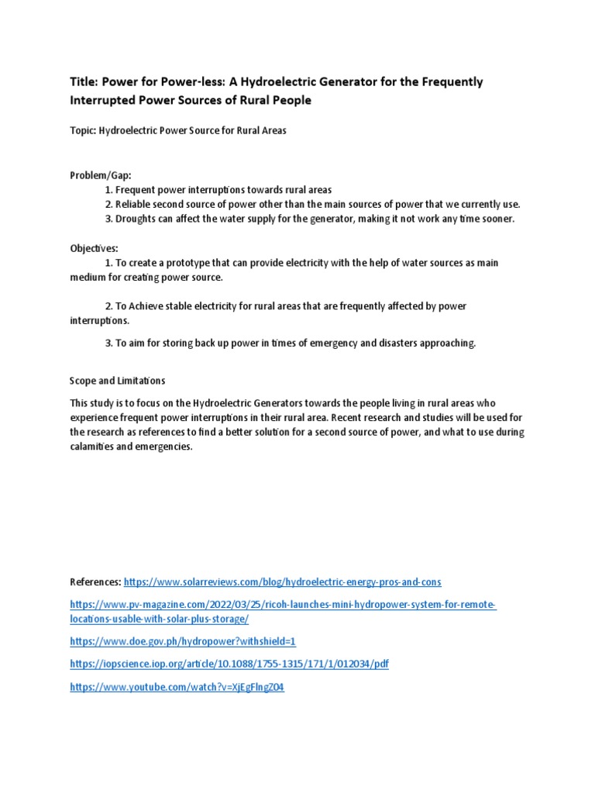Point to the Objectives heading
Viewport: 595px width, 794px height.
pos(95,248)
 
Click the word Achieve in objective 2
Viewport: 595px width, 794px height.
pos(145,306)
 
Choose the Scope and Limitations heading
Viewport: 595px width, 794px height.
pos(118,381)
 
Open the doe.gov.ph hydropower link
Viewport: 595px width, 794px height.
pos(183,642)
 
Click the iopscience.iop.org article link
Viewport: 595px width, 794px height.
pos(229,665)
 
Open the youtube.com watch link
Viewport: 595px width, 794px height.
pos(177,687)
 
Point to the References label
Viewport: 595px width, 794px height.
pos(95,582)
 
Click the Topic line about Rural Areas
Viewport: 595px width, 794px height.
pos(178,131)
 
